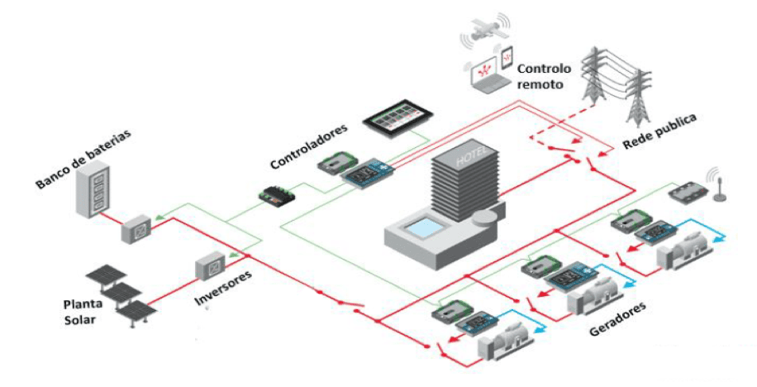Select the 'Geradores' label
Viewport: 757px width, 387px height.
(617, 318)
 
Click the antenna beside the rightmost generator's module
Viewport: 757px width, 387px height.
(717, 185)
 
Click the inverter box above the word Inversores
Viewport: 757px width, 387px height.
(210, 266)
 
